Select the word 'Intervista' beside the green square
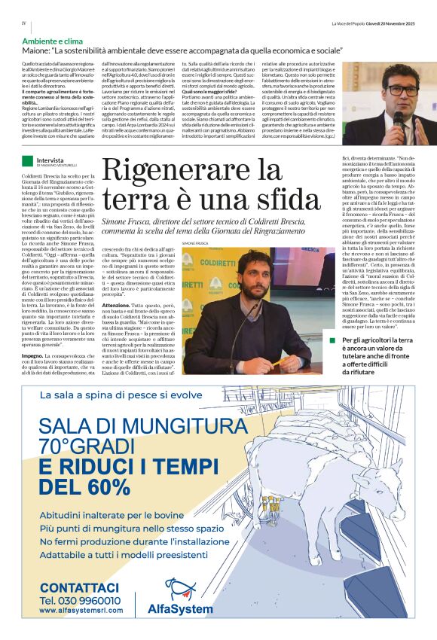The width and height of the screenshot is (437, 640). tap(50, 160)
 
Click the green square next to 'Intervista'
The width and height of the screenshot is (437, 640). tap(28, 160)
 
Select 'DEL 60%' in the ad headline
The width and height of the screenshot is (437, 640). tap(84, 487)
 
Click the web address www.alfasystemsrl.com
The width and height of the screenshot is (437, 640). tap(81, 611)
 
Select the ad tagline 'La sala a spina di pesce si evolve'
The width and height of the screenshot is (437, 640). tap(120, 395)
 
